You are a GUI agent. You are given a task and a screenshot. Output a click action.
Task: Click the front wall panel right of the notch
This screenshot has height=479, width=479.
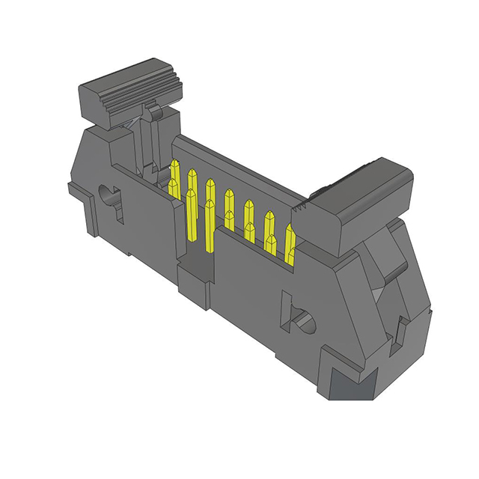(254, 299)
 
